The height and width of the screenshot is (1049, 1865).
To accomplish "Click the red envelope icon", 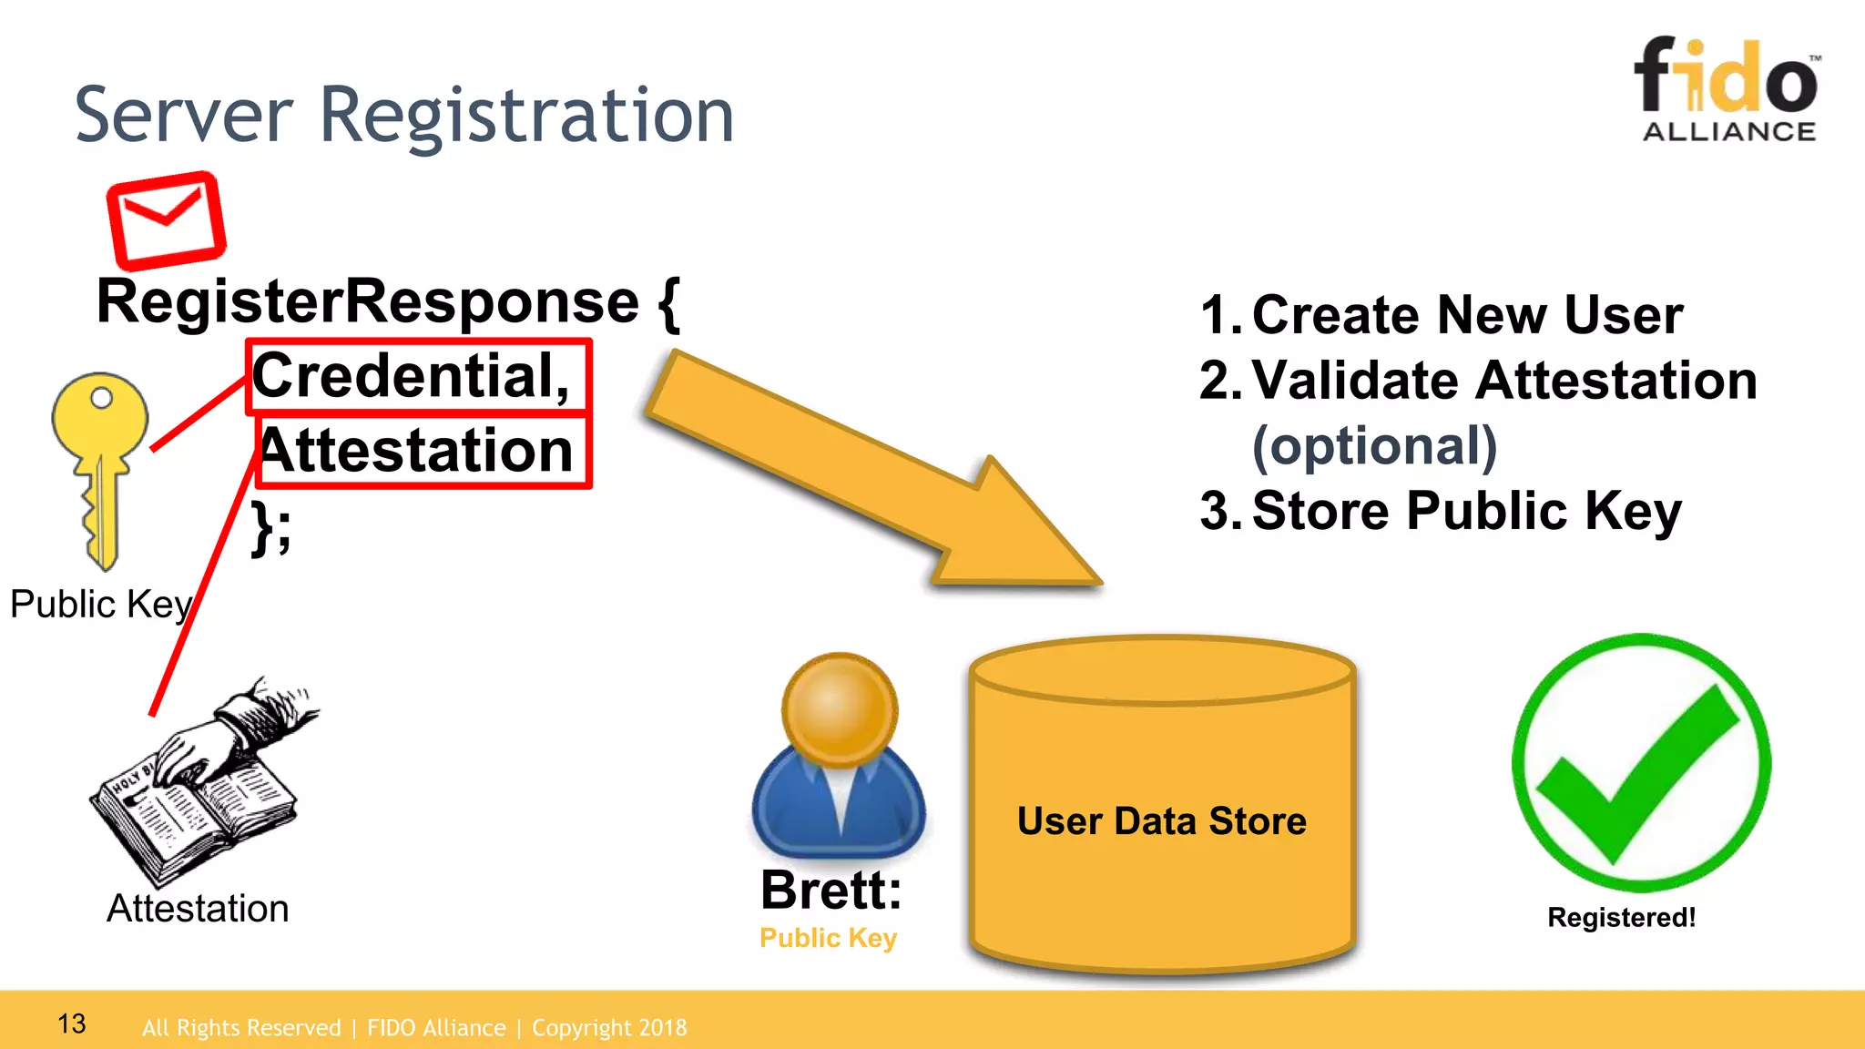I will pyautogui.click(x=166, y=220).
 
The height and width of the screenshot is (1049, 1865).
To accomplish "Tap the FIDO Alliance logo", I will pyautogui.click(x=1727, y=89).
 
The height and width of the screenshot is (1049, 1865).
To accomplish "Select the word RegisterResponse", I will pyautogui.click(x=368, y=301).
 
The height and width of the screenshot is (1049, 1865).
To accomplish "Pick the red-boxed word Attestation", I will pyautogui.click(x=416, y=451).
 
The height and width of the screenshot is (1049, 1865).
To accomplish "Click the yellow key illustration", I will pyautogui.click(x=100, y=464).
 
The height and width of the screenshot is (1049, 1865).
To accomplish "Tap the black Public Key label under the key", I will pyautogui.click(x=101, y=604).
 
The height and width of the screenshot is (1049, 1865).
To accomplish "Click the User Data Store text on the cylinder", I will pyautogui.click(x=1161, y=820).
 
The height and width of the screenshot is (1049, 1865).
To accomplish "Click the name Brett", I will pyautogui.click(x=831, y=890).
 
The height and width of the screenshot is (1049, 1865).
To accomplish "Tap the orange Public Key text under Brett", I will pyautogui.click(x=828, y=937).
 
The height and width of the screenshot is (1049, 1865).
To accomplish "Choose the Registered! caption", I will pyautogui.click(x=1621, y=917).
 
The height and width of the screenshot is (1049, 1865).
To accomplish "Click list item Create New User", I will pyautogui.click(x=1466, y=315).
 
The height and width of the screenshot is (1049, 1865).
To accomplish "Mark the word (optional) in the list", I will pyautogui.click(x=1374, y=445).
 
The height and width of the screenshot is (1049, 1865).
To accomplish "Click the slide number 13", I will pyautogui.click(x=72, y=1024).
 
